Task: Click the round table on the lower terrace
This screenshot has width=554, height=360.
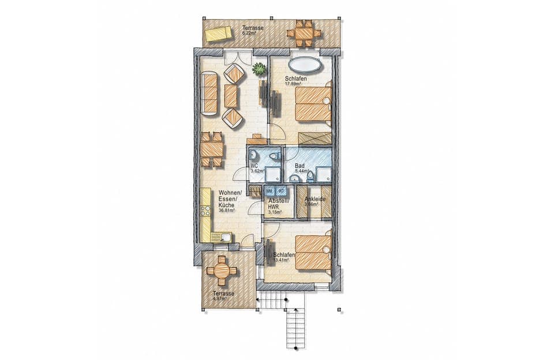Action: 222,270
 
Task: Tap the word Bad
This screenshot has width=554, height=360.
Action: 300,164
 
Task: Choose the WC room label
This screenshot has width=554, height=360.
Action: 253,166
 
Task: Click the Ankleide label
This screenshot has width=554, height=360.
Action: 315,199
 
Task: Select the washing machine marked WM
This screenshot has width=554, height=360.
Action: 269,191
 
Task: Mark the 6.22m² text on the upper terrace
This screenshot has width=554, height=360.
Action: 249,33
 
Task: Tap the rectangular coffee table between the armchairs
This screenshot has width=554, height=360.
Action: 231,96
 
